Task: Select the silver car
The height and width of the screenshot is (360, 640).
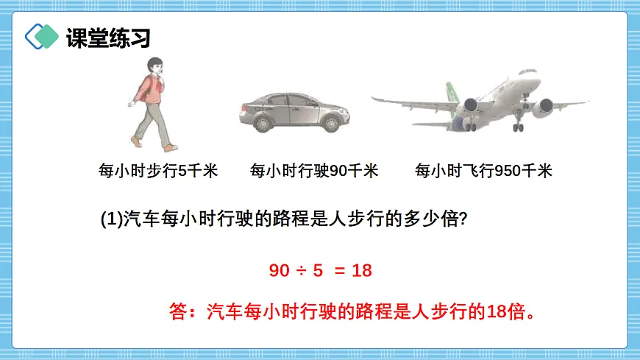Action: tap(294, 112)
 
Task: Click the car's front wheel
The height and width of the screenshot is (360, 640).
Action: tap(329, 122)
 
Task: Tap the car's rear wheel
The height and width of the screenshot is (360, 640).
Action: tap(263, 123)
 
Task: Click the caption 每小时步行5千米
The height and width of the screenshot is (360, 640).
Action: tap(158, 172)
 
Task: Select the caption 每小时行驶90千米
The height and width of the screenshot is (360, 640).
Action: tap(314, 172)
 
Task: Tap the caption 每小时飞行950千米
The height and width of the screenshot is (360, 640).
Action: tap(483, 172)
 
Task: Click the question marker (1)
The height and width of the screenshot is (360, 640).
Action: tap(110, 219)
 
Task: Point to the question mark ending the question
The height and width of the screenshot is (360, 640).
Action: tap(463, 219)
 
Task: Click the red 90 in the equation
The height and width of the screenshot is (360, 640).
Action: tap(280, 270)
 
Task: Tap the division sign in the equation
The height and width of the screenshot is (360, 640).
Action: tap(300, 271)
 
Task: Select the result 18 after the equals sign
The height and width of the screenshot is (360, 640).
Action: tap(362, 270)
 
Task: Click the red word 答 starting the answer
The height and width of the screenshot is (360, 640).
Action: tap(178, 311)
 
